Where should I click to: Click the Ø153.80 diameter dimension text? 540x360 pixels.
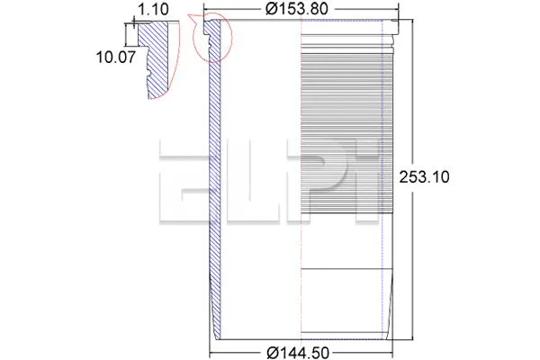click(301, 10)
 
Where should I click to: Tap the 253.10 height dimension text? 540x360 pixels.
click(424, 177)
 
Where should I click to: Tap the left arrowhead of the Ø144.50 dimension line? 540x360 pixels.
click(214, 351)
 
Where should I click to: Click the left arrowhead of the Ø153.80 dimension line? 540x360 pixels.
click(207, 12)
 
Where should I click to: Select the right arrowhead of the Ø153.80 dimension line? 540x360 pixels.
click(396, 12)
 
